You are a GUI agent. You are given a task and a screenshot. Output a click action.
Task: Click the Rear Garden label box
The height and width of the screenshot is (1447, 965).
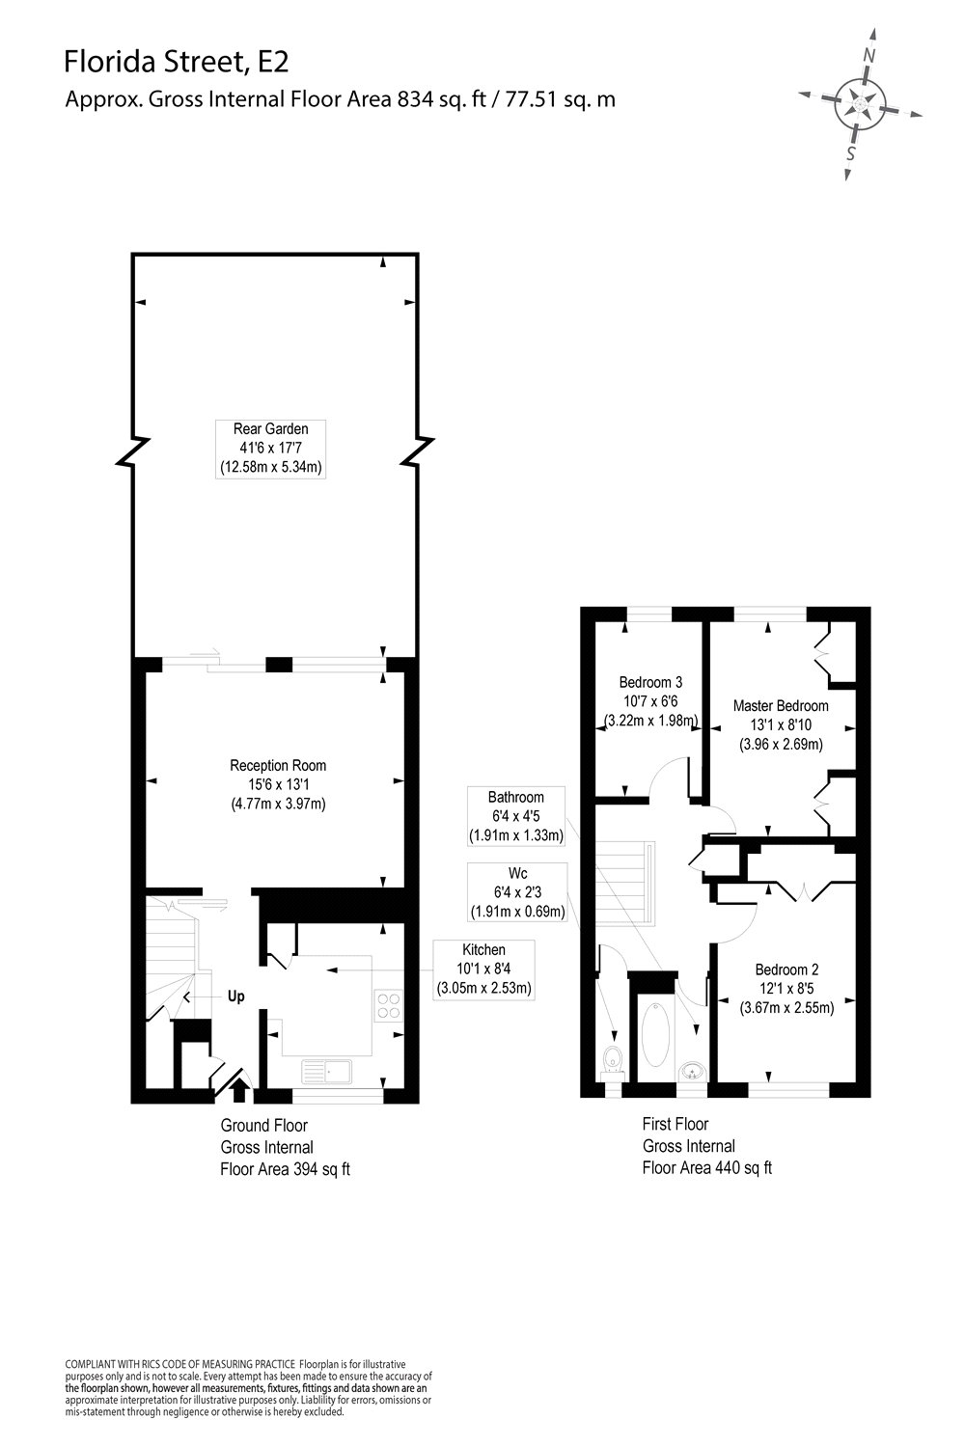click(x=270, y=449)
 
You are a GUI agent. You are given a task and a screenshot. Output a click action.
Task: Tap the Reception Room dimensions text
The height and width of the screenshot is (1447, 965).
click(x=278, y=794)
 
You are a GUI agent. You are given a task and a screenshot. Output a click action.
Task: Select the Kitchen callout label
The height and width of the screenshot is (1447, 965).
click(x=484, y=970)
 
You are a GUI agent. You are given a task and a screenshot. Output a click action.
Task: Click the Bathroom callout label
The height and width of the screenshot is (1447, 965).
click(x=515, y=816)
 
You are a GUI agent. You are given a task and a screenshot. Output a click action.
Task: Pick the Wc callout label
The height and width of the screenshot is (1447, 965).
click(x=518, y=892)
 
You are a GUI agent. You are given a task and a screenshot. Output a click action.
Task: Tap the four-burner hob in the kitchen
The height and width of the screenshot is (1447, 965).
click(x=389, y=1006)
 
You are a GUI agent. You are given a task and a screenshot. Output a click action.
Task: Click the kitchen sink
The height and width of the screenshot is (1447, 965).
click(x=326, y=1072)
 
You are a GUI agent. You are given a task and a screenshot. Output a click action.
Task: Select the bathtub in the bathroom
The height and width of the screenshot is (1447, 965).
click(x=656, y=1035)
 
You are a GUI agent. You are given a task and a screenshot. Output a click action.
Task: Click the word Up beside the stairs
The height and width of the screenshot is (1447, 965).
click(x=235, y=997)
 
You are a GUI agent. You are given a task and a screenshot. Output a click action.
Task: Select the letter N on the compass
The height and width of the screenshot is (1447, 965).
click(x=869, y=56)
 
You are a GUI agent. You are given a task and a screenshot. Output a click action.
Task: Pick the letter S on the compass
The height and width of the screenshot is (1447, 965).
click(x=851, y=153)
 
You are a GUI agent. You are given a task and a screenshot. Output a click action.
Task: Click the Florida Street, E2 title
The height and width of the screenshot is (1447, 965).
click(x=176, y=62)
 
